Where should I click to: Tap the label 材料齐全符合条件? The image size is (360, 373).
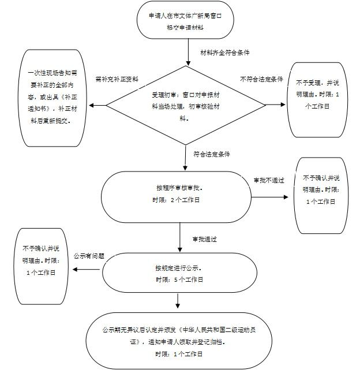pos(224,53)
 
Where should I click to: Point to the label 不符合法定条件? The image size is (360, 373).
pos(261,79)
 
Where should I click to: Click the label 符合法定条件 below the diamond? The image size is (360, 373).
pos(212,154)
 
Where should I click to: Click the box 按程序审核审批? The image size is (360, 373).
pos(178,195)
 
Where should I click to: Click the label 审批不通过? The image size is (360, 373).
pos(269,180)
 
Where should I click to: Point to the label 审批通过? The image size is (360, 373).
pos(204,238)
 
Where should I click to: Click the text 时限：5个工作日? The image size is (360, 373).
pos(179,279)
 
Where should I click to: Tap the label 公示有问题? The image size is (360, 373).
pos(89,256)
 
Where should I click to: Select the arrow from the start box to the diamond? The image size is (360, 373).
pos(188,52)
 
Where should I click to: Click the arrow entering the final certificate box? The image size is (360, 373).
pos(178,303)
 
